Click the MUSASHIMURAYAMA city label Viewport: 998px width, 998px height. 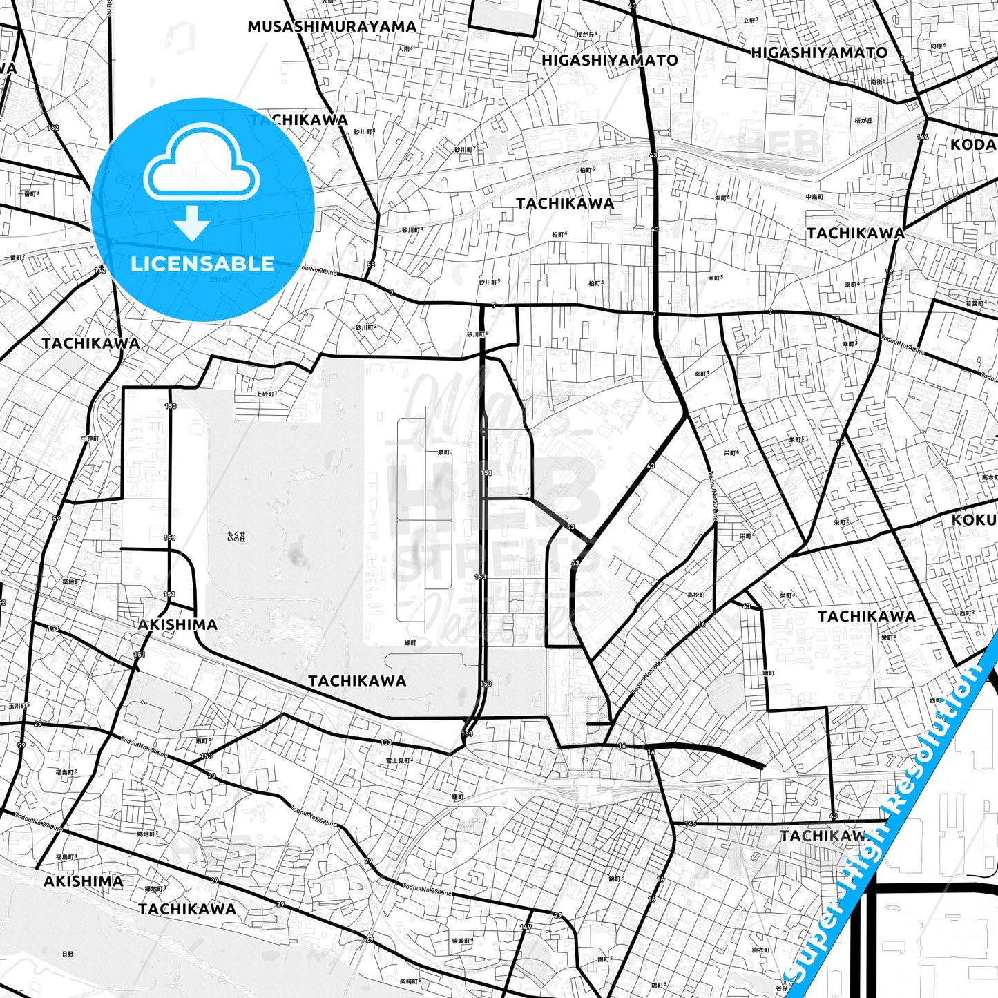(332, 27)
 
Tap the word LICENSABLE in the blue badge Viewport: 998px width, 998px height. (202, 264)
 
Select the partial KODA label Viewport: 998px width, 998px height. (972, 145)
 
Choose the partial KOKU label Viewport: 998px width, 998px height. (973, 519)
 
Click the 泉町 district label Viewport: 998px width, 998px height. (443, 453)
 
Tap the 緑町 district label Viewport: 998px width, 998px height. (410, 643)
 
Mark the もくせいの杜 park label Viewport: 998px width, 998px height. (236, 537)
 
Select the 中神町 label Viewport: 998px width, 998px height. (90, 439)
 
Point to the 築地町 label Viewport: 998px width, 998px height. (71, 582)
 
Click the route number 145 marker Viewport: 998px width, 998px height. (690, 823)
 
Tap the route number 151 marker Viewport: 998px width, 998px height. (140, 655)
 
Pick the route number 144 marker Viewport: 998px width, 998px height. (923, 137)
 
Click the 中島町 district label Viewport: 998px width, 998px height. (815, 197)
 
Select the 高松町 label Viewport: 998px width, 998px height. (696, 595)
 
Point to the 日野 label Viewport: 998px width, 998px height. (68, 954)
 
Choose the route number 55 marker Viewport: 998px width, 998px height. (371, 265)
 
